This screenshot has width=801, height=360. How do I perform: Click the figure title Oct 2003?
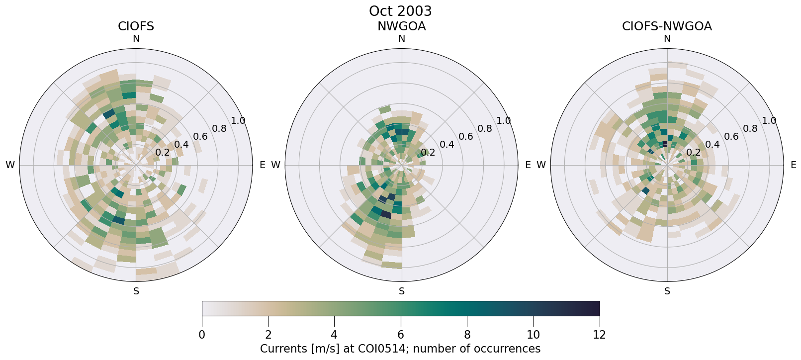click(400, 11)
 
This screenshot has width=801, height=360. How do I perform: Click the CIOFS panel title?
click(136, 26)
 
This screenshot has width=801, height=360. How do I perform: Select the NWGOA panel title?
click(401, 26)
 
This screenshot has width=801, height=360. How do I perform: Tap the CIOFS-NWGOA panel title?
click(667, 26)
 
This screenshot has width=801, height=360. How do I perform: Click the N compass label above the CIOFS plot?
click(136, 39)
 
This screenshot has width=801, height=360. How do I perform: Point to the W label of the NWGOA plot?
click(275, 165)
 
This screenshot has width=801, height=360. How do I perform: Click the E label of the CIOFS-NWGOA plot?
click(793, 165)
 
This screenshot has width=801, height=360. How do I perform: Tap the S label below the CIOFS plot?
click(136, 291)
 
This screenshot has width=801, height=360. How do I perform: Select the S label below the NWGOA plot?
click(401, 291)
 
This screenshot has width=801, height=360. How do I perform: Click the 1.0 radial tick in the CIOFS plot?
click(238, 120)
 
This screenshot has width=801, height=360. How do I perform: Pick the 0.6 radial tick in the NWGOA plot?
click(465, 136)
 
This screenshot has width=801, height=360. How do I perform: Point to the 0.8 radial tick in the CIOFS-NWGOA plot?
click(750, 129)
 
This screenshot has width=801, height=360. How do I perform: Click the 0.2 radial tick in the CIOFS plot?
click(162, 153)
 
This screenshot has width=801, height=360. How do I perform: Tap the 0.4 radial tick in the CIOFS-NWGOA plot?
click(712, 145)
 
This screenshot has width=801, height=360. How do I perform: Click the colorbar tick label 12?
click(599, 335)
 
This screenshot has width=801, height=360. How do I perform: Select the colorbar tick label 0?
click(202, 335)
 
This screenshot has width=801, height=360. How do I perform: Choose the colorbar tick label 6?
click(401, 335)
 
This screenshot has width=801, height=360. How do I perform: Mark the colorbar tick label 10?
click(533, 335)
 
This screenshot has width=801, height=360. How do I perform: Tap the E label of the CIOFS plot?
click(262, 165)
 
